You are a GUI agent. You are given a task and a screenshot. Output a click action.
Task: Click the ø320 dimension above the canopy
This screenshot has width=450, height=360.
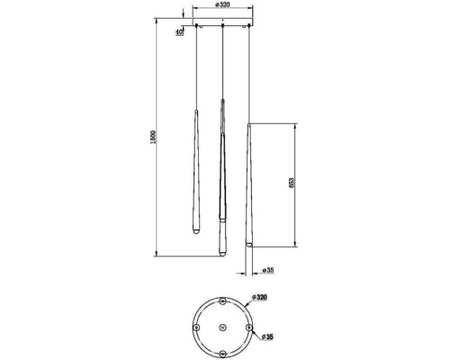[x=222, y=5]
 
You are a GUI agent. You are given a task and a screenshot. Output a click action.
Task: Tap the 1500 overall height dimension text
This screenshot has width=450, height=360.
[x=153, y=137]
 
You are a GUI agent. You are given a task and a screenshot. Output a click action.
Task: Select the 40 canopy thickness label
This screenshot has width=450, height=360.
[x=179, y=32]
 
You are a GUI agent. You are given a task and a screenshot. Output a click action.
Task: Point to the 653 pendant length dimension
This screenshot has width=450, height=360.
[x=292, y=183]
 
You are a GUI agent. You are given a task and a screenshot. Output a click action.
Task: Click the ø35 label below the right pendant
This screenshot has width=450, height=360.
[x=268, y=270]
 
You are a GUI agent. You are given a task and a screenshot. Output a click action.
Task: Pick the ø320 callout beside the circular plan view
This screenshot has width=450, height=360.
[x=260, y=297]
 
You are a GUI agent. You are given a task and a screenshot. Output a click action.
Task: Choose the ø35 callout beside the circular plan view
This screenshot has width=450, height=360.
[x=267, y=337]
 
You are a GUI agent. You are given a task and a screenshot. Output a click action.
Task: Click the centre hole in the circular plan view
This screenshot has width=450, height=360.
[x=222, y=328]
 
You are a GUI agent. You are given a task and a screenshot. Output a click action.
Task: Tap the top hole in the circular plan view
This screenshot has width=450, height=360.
[x=222, y=301]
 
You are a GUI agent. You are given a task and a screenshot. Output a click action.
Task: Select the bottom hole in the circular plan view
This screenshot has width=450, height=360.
[x=222, y=354]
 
